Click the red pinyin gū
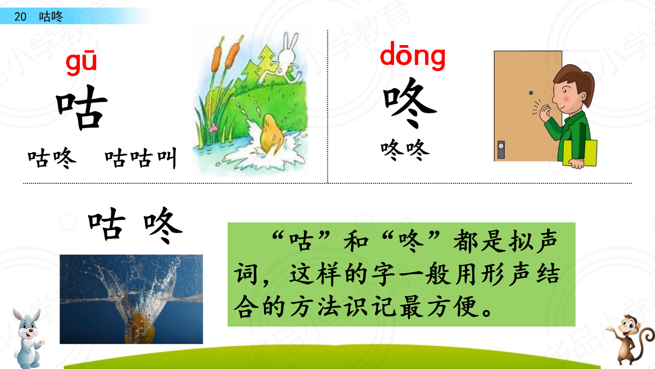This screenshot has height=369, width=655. tap(81, 63)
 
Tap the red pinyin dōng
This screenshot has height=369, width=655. tap(412, 56)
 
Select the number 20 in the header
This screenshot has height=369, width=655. tap(20, 17)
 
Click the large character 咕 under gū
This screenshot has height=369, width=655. tap(81, 107)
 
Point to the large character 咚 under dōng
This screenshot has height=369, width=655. tap(409, 102)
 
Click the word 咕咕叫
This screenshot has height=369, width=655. tap(141, 158)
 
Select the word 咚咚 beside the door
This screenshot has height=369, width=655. tap(405, 150)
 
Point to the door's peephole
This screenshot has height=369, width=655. tap(531, 93)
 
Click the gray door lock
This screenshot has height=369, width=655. tap(501, 150)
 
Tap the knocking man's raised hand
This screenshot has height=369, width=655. tap(545, 113)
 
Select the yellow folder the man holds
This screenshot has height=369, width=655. tap(580, 153)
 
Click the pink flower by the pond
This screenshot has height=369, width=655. tap(213, 128)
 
